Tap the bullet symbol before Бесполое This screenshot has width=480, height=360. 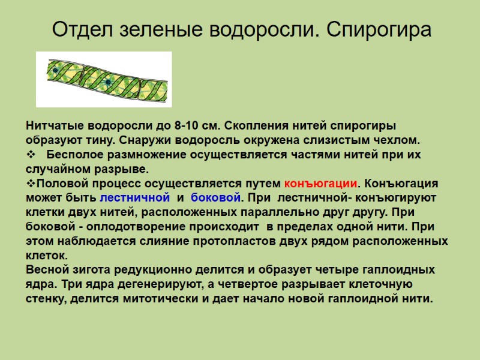(x=31, y=155)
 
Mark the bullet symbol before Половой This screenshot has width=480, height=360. (x=31, y=183)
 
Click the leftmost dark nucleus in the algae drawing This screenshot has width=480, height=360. (x=55, y=71)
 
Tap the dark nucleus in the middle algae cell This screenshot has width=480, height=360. (x=107, y=82)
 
